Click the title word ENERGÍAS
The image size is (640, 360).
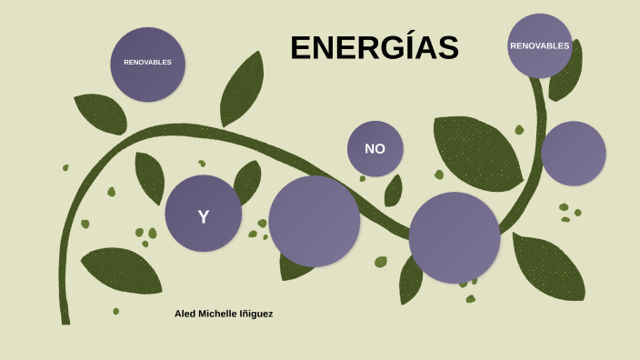[374, 48]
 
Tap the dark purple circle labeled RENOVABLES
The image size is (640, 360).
[148, 64]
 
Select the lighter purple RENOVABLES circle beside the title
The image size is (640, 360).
[540, 45]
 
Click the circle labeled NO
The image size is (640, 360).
[375, 148]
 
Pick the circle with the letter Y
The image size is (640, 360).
[203, 214]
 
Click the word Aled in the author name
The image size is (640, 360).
[185, 314]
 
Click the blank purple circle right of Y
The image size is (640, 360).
[315, 221]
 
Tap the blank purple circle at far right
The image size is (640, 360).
[574, 154]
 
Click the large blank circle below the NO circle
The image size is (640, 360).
[455, 237]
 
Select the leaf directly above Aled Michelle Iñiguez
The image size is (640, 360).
[122, 269]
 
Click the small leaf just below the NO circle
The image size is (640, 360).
[394, 191]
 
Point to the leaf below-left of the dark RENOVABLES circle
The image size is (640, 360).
[100, 114]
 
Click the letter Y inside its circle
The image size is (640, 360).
[203, 216]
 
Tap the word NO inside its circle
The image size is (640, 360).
[375, 148]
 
